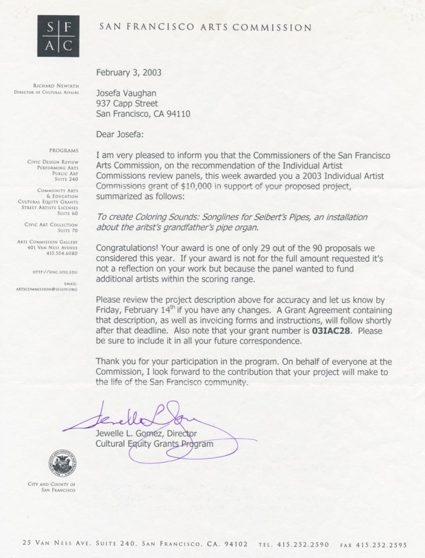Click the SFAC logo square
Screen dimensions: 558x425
[54, 37]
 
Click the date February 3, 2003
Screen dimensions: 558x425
[129, 72]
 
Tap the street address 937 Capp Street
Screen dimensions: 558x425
[127, 103]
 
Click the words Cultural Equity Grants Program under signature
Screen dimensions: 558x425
[154, 444]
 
